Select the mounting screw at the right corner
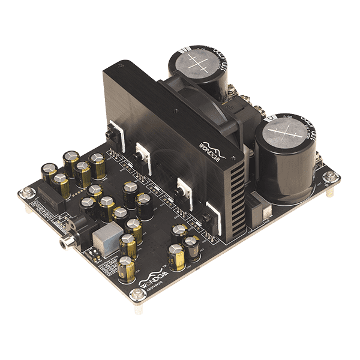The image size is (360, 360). pyautogui.click(x=329, y=176)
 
